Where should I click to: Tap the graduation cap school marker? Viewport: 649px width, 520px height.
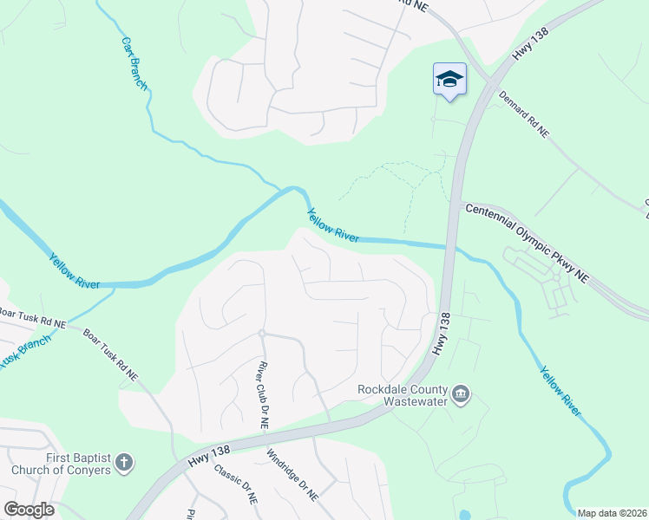pyautogui.click(x=449, y=81)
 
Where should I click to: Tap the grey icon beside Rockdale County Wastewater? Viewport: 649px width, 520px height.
pyautogui.click(x=462, y=395)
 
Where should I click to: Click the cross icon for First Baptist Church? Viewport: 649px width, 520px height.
pyautogui.click(x=124, y=463)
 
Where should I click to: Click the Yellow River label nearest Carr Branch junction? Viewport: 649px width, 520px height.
pyautogui.click(x=332, y=224)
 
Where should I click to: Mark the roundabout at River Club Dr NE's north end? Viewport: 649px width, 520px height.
pyautogui.click(x=260, y=333)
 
